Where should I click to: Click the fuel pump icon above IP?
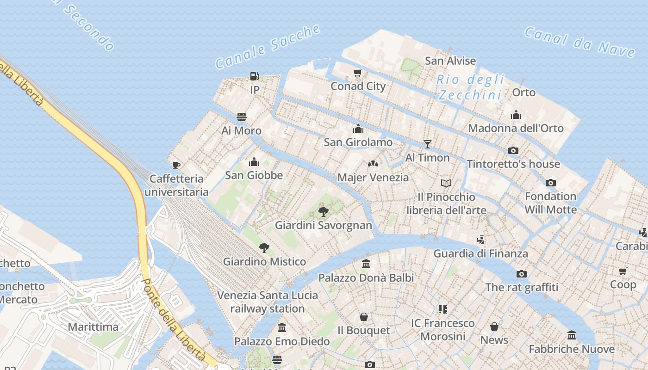(x=254, y=76)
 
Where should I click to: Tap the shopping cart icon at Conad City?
(x=357, y=73)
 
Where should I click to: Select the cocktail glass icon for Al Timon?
(x=428, y=144)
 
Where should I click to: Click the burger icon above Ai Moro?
(x=242, y=117)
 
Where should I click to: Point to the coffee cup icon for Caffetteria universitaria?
(x=176, y=165)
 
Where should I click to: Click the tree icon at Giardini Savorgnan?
(x=324, y=212)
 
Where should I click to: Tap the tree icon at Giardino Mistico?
(x=264, y=248)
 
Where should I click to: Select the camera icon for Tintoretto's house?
(x=513, y=150)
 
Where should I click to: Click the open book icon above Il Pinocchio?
(x=446, y=184)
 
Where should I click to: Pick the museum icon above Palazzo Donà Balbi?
(x=366, y=264)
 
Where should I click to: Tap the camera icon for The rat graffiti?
(x=522, y=274)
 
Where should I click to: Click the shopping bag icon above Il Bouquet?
(x=364, y=317)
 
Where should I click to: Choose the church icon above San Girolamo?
(x=358, y=129)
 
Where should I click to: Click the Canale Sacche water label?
(x=268, y=46)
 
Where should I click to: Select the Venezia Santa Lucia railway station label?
(x=268, y=302)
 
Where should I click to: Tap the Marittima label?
(x=93, y=327)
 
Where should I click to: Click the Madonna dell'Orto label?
(x=516, y=128)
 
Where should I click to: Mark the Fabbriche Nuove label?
(x=572, y=349)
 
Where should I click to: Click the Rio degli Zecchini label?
(x=470, y=87)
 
